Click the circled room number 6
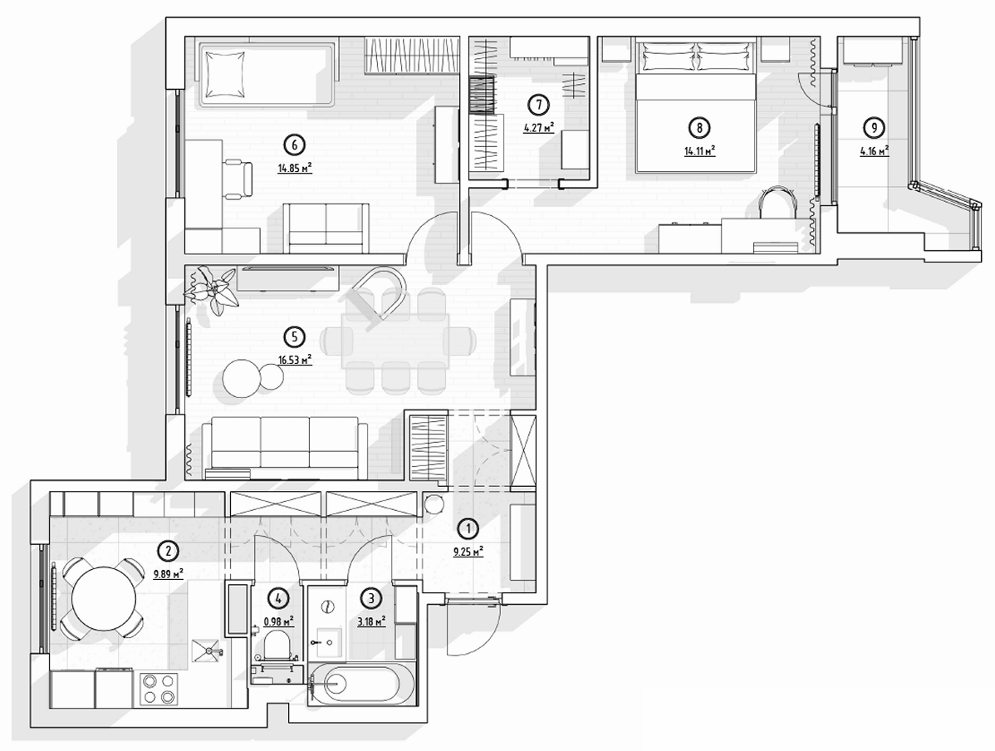(x=294, y=145)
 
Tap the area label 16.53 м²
(x=295, y=360)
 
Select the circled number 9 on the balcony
(x=875, y=128)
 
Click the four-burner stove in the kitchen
(x=159, y=689)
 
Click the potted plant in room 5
(x=210, y=289)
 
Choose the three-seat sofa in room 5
(x=284, y=447)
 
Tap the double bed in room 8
(x=696, y=106)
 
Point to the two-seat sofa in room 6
(x=326, y=227)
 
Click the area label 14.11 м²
(x=700, y=151)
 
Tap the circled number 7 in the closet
(x=539, y=104)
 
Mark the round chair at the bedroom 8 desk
(x=778, y=204)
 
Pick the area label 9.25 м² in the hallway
(x=468, y=552)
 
